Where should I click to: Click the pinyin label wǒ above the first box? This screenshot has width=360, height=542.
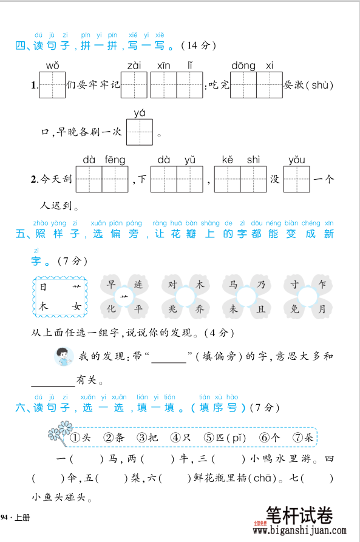click(x=52, y=66)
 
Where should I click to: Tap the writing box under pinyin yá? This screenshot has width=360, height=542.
click(x=140, y=132)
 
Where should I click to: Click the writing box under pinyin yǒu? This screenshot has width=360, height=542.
click(x=297, y=179)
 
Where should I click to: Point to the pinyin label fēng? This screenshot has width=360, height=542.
click(x=115, y=160)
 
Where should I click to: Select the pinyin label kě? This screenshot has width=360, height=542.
click(x=227, y=160)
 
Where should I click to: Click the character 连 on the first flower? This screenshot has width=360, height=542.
click(x=139, y=283)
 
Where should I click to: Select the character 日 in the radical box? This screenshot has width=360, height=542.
click(x=43, y=286)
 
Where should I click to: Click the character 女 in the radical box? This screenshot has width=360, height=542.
click(x=76, y=307)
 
